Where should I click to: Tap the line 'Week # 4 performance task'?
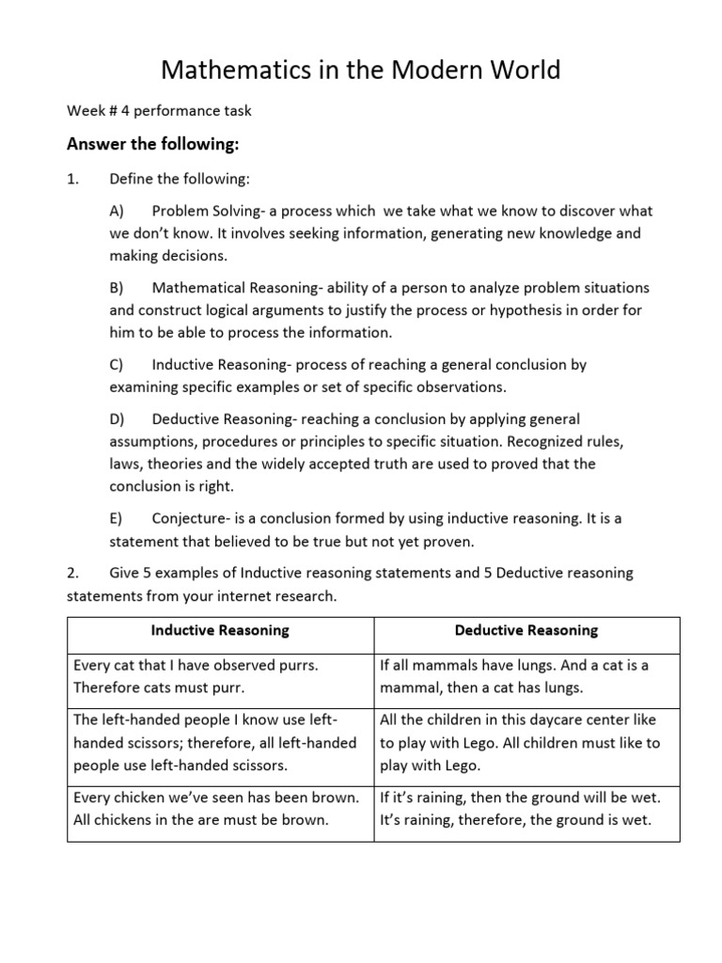pos(159,111)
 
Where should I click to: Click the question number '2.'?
pos(73,573)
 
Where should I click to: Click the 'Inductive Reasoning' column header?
pos(221,630)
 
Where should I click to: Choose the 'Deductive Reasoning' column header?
pos(526,630)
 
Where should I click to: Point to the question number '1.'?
pos(73,179)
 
